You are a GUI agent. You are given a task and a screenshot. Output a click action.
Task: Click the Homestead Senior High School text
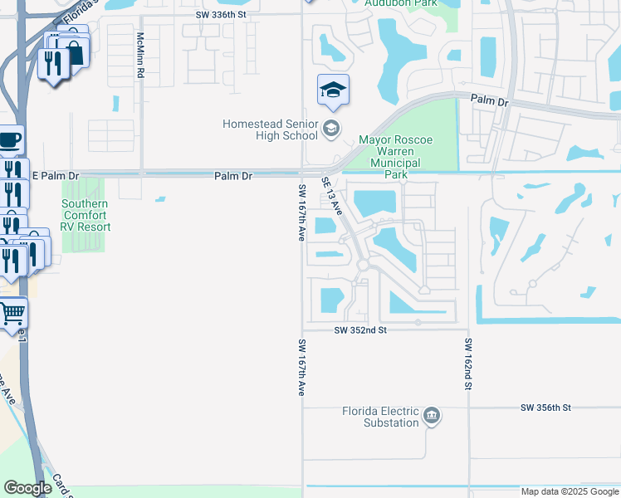point(270,129)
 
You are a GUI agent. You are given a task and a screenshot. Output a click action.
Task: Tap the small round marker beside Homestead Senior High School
point(331,128)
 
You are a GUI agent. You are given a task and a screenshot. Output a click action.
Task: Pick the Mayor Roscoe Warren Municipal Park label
point(396,158)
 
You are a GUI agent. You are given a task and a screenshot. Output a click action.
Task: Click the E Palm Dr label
point(56,176)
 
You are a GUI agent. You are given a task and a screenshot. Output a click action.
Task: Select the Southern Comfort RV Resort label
point(85,215)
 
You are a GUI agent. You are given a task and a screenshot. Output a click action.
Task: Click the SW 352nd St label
point(361,330)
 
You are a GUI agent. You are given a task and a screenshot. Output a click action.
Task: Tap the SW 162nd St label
point(468,364)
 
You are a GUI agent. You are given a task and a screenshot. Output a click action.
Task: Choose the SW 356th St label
point(547,408)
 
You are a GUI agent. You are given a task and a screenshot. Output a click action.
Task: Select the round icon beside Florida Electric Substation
point(431,415)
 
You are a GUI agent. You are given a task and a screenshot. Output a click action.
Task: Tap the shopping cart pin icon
point(12,314)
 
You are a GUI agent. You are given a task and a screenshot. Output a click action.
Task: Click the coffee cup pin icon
point(9,139)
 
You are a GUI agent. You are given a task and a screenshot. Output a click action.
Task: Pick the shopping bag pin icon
point(74,52)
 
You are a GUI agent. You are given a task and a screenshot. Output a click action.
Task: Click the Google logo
point(27,488)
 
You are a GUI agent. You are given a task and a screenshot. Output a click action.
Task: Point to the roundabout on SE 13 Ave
point(363,265)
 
